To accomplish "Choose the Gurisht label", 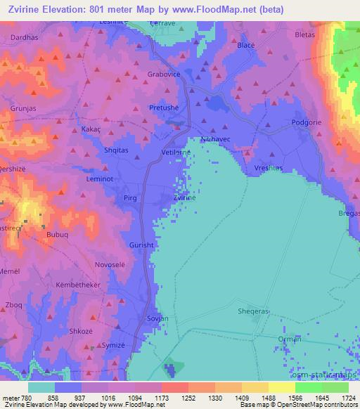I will point(141,245).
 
